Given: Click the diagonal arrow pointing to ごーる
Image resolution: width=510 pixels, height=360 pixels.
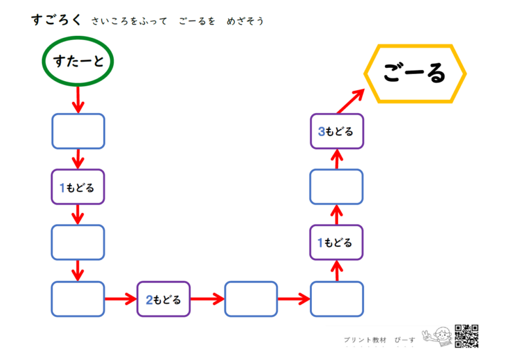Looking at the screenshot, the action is coord(350,101).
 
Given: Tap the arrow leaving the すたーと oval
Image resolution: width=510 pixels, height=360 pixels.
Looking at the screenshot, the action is coord(78,99).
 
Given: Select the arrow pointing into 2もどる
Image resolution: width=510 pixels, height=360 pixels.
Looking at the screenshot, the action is coord(121,299).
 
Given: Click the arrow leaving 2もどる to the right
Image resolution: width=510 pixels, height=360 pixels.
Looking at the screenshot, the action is coord(207,299).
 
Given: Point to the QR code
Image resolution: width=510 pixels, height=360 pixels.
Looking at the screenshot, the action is coord(466,336).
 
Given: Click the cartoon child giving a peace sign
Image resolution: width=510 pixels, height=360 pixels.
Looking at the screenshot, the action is coord(438,336).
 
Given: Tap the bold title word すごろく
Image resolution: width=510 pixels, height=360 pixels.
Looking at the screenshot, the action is coord(56,20).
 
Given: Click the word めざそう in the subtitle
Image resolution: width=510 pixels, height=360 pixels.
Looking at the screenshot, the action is coord(245,21).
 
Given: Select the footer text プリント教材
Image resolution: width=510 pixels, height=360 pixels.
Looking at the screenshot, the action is coord(365,340).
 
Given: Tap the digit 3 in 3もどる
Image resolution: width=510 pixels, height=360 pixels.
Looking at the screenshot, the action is coord(321,131).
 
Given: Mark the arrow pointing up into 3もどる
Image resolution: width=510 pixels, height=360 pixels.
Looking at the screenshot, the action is coord(337,159).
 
